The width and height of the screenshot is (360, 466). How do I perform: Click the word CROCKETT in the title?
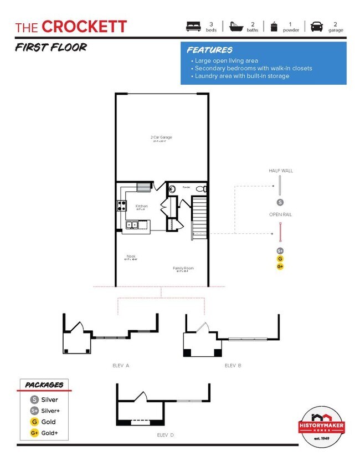(x=84, y=27)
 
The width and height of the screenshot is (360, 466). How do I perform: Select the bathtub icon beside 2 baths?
(x=236, y=27)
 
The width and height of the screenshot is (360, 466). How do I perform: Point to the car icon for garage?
(x=317, y=27)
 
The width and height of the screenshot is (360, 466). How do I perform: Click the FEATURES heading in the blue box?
(x=209, y=50)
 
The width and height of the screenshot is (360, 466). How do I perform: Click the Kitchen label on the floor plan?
(x=141, y=206)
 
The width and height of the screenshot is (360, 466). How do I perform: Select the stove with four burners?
(x=121, y=206)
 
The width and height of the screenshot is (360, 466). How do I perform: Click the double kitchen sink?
(x=132, y=224)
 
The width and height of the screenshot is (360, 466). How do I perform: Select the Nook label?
(x=131, y=256)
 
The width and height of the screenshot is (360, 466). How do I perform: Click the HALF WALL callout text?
(x=280, y=171)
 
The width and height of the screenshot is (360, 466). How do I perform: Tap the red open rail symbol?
(x=281, y=231)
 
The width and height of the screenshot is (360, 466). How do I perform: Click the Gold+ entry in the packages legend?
(x=45, y=433)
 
